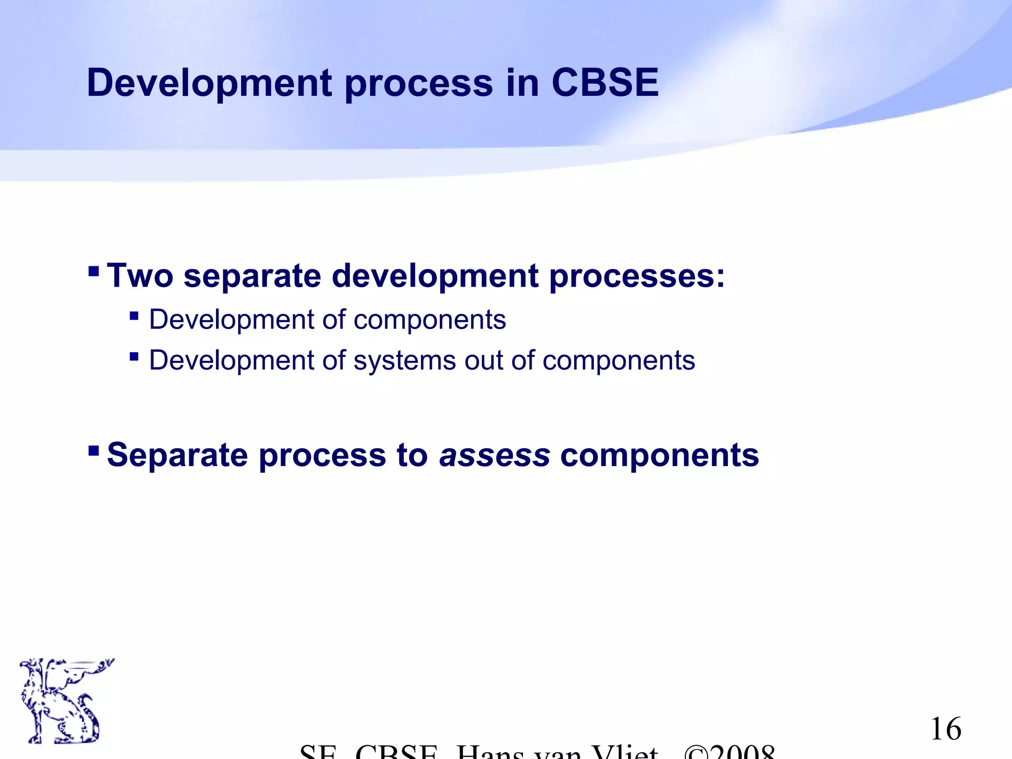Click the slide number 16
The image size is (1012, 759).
click(x=946, y=729)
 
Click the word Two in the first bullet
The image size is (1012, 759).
click(x=140, y=275)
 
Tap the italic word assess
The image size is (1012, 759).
click(x=494, y=455)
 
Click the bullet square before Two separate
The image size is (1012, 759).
click(x=93, y=271)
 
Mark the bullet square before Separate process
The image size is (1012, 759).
click(x=93, y=451)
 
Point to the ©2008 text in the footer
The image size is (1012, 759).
click(x=729, y=751)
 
